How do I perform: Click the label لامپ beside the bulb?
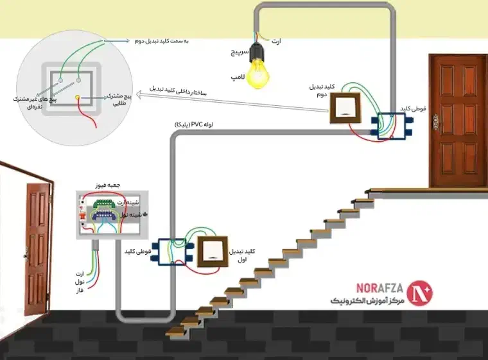pyautogui.click(x=236, y=76)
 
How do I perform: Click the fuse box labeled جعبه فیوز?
pyautogui.click(x=110, y=215)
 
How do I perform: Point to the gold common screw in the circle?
pyautogui.click(x=78, y=98)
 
